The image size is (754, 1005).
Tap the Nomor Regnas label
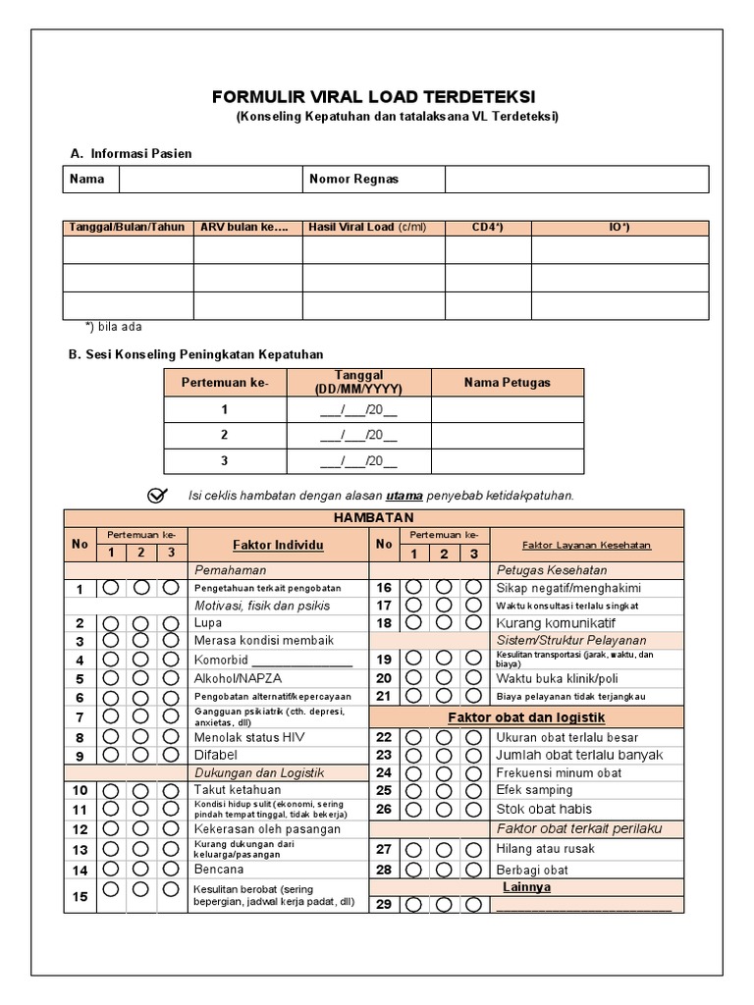click(353, 180)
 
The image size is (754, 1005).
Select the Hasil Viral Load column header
click(367, 228)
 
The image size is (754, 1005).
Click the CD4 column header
click(487, 228)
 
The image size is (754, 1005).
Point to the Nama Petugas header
click(507, 382)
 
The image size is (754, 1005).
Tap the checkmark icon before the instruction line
click(157, 495)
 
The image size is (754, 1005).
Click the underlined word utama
click(404, 496)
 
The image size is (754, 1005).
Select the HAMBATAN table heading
click(373, 517)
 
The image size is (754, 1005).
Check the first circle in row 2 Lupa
click(111, 623)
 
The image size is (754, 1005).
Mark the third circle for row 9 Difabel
click(171, 755)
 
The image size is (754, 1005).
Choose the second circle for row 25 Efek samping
click(445, 790)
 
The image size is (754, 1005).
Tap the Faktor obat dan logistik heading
click(525, 717)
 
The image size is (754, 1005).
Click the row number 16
click(384, 588)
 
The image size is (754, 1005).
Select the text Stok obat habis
click(543, 809)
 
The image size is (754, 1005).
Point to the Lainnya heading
click(526, 886)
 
